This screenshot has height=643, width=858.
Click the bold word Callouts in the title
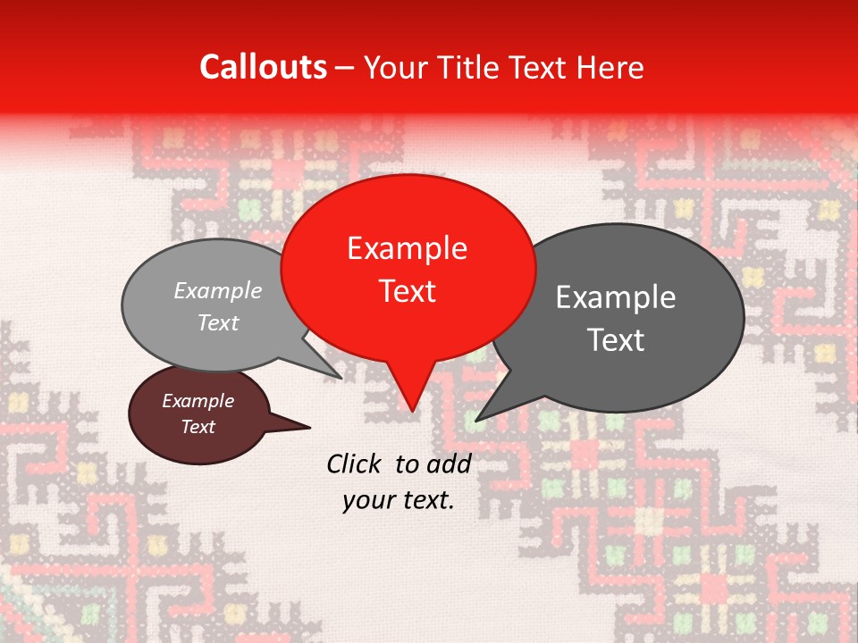[x=263, y=67]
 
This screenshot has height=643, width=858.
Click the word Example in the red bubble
[x=407, y=248]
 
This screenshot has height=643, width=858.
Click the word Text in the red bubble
[x=407, y=291]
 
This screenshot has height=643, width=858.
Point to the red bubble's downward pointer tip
[x=411, y=411]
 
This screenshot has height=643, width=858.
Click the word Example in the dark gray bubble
[x=616, y=297]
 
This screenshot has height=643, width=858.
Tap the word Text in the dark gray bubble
[x=616, y=340]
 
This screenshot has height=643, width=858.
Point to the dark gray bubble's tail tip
[x=475, y=421]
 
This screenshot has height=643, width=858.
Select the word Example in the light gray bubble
[x=218, y=290]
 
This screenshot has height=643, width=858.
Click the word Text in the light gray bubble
[x=218, y=322]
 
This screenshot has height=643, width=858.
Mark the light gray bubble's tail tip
[x=342, y=379]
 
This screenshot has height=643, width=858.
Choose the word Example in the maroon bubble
[x=198, y=401]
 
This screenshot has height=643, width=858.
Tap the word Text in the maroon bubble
[x=198, y=427]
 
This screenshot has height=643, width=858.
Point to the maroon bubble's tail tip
[x=310, y=427]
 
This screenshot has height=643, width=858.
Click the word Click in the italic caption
[x=355, y=463]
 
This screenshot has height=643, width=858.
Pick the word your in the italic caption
[x=367, y=501]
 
